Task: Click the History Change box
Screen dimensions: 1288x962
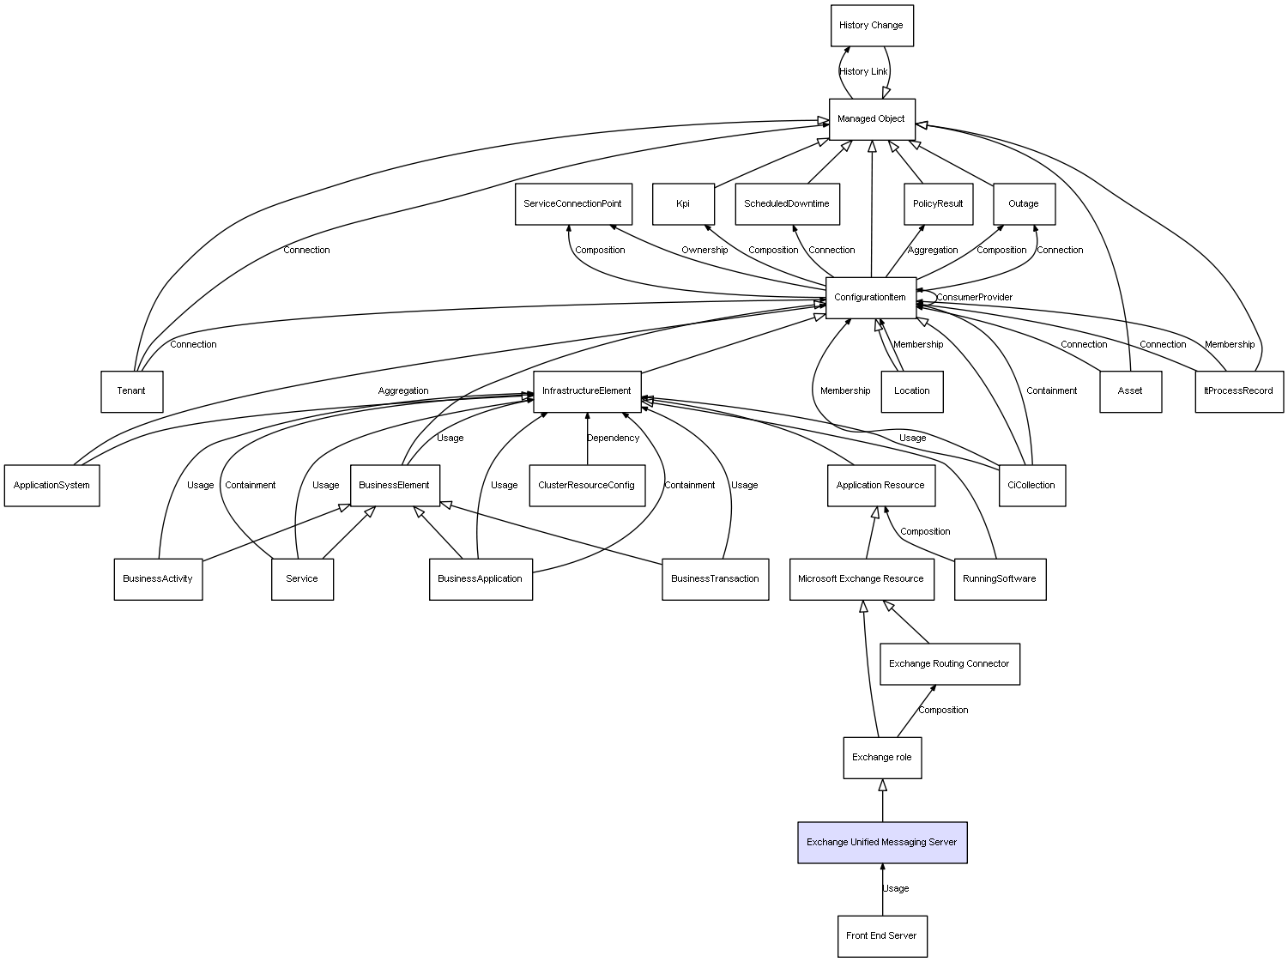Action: coord(872,26)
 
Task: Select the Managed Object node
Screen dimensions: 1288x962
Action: coord(872,119)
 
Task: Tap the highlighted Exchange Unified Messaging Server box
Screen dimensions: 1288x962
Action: coord(882,843)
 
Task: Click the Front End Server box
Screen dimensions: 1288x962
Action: coord(882,936)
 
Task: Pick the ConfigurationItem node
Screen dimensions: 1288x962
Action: coord(871,298)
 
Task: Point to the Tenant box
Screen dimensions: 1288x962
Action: coord(132,392)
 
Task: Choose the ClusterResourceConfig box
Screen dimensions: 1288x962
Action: coord(587,486)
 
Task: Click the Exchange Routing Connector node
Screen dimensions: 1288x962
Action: coord(949,664)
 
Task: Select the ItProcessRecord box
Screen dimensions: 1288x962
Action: coord(1239,392)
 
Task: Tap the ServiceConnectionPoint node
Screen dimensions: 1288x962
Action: coord(573,204)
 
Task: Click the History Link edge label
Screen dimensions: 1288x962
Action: coord(863,71)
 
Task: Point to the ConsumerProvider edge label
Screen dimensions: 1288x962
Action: coord(974,298)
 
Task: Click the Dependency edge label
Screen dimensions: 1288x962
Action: coord(613,439)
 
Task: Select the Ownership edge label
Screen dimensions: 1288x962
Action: coord(704,250)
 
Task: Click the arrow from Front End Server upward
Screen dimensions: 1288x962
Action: coord(882,890)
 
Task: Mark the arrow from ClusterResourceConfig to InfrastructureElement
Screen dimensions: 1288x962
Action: coord(587,439)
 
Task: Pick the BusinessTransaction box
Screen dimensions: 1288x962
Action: coord(716,579)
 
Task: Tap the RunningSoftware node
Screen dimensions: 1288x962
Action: coord(1000,579)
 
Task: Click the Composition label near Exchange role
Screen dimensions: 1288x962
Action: coord(943,711)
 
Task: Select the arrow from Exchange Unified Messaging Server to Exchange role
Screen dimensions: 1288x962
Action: coord(882,801)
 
